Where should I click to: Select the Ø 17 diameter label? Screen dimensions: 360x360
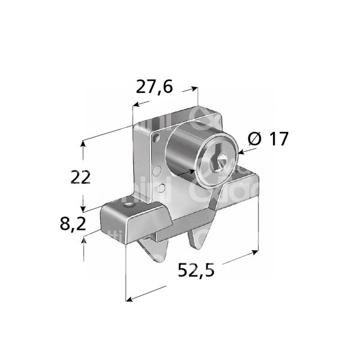coord(268,139)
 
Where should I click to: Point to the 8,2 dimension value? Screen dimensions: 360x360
coord(73,224)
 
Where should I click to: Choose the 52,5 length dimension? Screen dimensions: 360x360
coord(196,271)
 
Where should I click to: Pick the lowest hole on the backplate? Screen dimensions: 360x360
coord(161,190)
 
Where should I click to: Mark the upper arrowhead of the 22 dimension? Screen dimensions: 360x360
coord(83,144)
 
